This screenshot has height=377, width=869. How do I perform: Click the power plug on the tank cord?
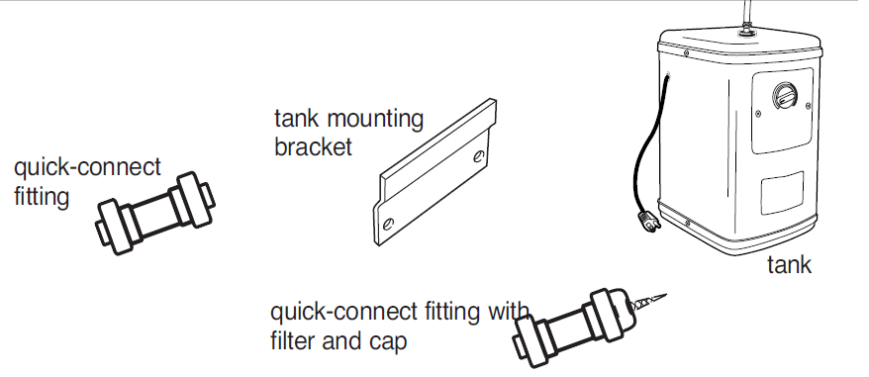[648, 222]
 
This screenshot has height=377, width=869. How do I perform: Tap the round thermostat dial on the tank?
[785, 96]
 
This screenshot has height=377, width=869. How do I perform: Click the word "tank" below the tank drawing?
[789, 264]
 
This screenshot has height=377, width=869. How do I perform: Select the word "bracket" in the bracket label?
[313, 146]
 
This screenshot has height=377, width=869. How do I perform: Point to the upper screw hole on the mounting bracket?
[479, 156]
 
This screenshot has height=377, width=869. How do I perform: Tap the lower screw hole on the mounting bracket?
[389, 224]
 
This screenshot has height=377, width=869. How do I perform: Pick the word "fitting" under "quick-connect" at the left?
[42, 197]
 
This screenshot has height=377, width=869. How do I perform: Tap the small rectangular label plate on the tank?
[782, 192]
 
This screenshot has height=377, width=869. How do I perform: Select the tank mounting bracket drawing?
[435, 172]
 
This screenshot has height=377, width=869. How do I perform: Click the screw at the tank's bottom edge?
[687, 223]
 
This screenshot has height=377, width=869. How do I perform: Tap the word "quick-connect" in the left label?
[87, 167]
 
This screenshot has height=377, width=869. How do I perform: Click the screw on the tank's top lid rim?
[686, 53]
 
